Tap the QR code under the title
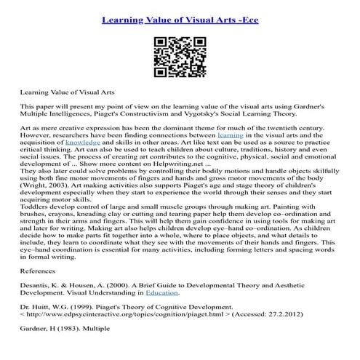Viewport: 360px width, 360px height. pos(179,50)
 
